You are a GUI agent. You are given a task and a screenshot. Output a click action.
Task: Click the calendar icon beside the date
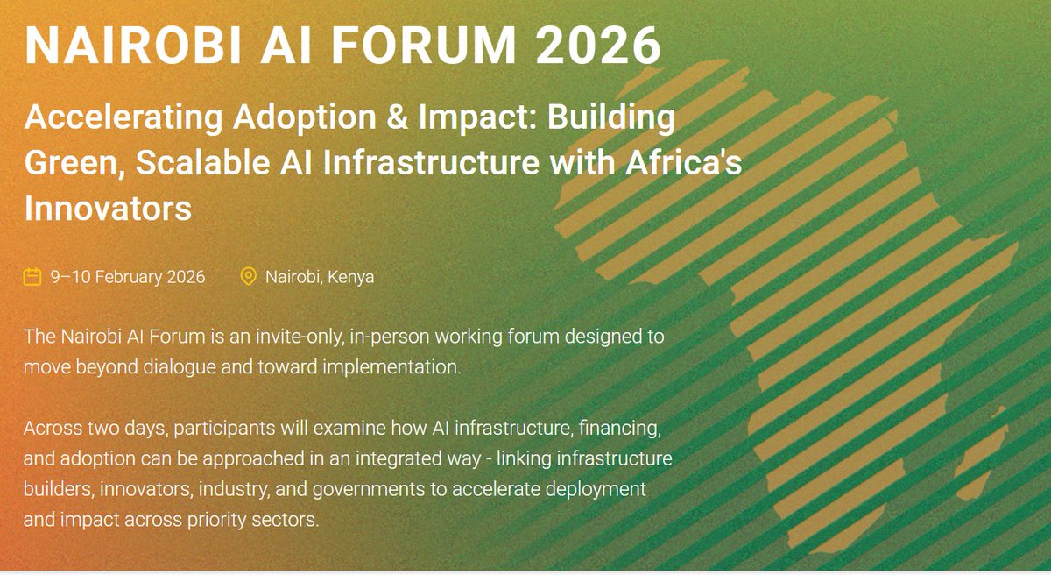(32, 277)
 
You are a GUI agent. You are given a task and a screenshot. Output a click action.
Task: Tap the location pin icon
(249, 277)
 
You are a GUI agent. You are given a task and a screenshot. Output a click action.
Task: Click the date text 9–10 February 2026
(128, 277)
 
